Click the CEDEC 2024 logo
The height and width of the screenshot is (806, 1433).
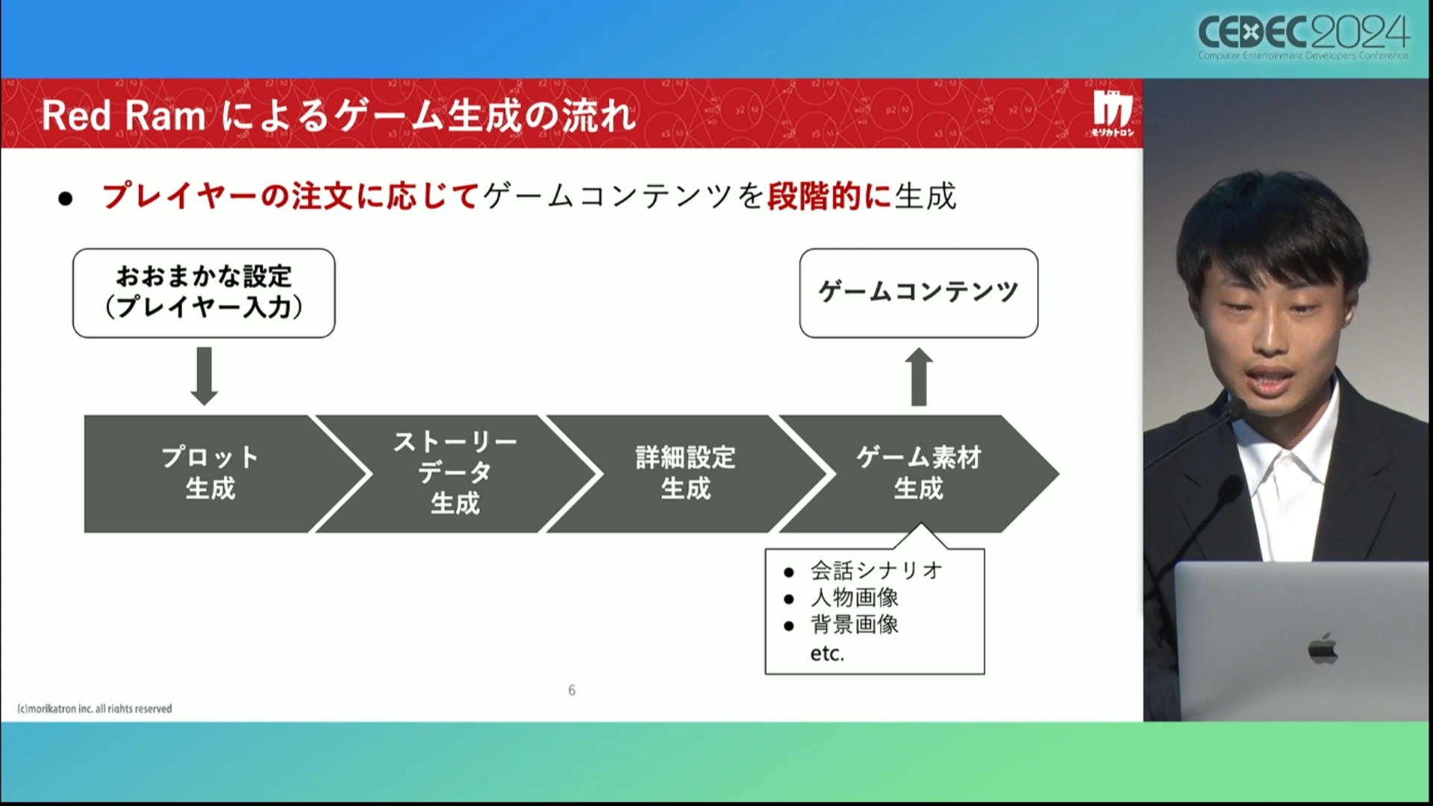(x=1303, y=36)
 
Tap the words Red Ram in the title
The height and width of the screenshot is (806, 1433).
(x=123, y=116)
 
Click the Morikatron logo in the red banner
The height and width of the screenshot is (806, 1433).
(x=1112, y=114)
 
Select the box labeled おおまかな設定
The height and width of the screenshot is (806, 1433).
(x=204, y=293)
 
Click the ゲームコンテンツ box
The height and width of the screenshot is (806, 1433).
(x=918, y=293)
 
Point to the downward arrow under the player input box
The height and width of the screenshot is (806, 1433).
(x=204, y=375)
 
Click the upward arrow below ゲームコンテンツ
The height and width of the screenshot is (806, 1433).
(x=919, y=377)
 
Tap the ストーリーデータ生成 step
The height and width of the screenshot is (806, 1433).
(x=455, y=473)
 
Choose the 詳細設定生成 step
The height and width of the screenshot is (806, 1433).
(x=685, y=473)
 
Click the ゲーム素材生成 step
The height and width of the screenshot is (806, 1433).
(x=918, y=473)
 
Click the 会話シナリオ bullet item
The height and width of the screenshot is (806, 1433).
(x=876, y=571)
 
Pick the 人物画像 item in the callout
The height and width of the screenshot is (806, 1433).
(x=855, y=598)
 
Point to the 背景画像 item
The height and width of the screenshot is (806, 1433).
(x=855, y=625)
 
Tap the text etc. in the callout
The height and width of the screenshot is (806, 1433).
(x=827, y=654)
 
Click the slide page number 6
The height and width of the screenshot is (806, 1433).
(x=572, y=690)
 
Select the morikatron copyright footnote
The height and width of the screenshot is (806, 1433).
(x=95, y=709)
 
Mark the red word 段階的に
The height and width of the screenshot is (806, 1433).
(x=829, y=196)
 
